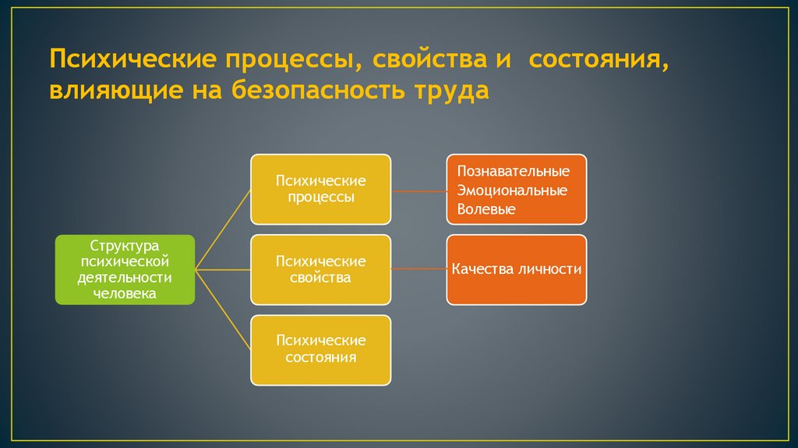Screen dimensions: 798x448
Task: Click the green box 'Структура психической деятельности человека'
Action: [x=125, y=269]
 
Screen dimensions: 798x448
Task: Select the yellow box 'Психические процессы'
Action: [x=320, y=189]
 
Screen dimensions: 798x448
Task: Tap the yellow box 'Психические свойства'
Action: [x=320, y=269]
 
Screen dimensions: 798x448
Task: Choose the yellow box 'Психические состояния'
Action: [x=320, y=350]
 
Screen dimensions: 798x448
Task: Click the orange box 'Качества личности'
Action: [x=516, y=269]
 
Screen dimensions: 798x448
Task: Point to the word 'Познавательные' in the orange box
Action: [x=513, y=171]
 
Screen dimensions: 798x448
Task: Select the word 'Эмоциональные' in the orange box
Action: [x=512, y=190]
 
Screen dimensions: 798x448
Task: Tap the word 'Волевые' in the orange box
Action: [x=486, y=209]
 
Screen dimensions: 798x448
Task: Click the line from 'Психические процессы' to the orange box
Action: [x=418, y=190]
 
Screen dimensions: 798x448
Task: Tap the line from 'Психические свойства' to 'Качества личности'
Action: [x=418, y=270]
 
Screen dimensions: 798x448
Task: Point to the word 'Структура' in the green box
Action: [x=125, y=244]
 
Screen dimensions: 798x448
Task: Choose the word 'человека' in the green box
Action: [x=125, y=294]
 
